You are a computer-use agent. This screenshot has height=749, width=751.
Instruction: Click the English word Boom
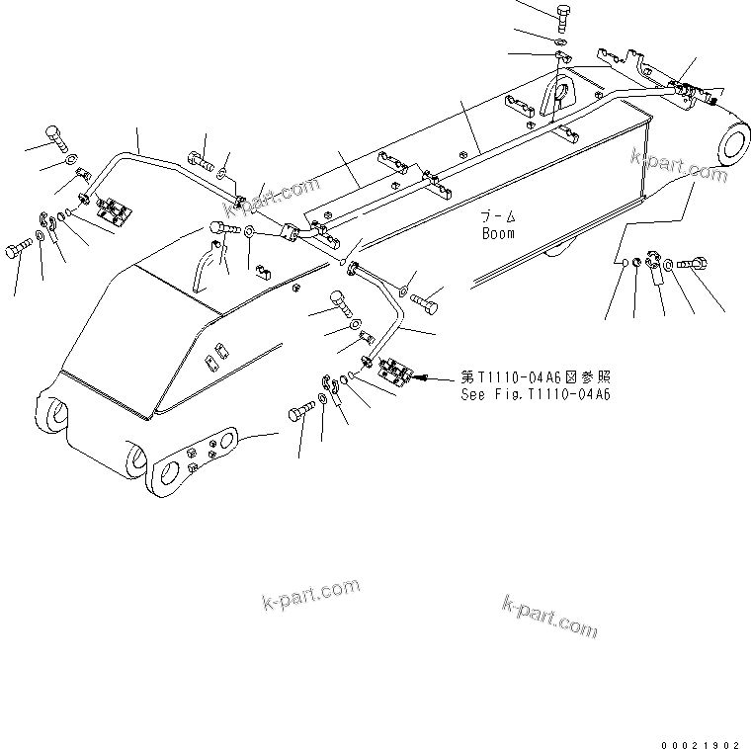[x=498, y=234]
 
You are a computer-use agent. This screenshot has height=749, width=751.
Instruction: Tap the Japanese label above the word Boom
[x=498, y=217]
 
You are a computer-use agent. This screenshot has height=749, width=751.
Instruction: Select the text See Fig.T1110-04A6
[x=535, y=394]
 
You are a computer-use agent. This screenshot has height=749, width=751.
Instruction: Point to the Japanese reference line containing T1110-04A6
[x=535, y=377]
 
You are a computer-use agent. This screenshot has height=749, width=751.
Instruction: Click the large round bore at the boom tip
[x=737, y=144]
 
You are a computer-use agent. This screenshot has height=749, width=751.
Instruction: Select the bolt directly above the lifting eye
[x=561, y=15]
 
